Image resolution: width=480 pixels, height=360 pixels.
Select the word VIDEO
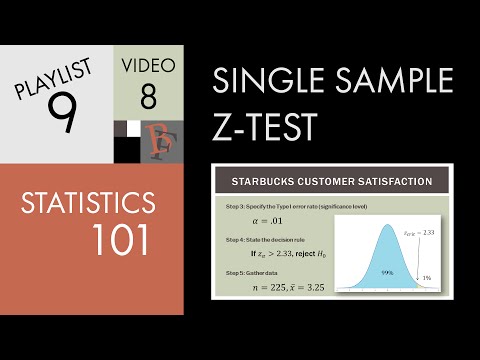pos(151,66)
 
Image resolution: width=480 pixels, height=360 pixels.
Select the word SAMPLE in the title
pos(394,81)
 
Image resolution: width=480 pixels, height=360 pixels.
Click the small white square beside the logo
pos(134,128)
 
